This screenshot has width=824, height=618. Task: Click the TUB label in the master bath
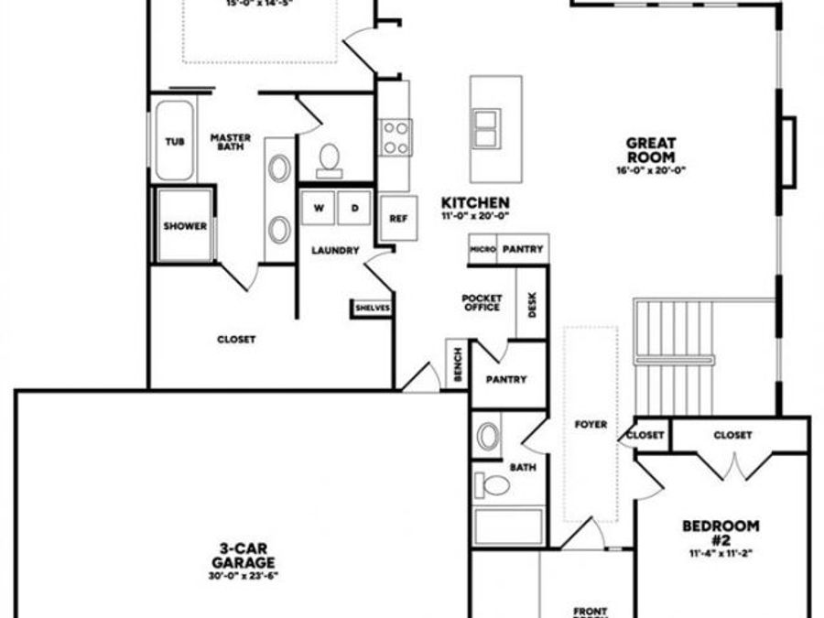(174, 142)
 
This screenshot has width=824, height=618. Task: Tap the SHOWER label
(185, 226)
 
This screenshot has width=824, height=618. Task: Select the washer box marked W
(319, 208)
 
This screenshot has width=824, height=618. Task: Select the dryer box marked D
(354, 208)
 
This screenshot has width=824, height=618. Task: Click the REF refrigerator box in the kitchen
(398, 219)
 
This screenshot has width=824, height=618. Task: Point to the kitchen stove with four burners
(396, 137)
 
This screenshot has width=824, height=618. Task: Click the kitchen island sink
(485, 127)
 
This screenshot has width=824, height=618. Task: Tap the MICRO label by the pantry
(482, 249)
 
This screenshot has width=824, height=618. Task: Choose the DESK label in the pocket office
(533, 301)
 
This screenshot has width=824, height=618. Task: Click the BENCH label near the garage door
(458, 364)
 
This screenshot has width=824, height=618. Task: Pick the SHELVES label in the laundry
(372, 309)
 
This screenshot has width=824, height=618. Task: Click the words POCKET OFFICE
(481, 302)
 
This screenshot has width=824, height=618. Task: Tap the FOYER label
(591, 425)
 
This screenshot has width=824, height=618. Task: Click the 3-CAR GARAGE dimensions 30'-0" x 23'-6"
(242, 577)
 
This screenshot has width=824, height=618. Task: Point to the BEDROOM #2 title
(721, 532)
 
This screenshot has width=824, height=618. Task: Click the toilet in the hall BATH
(495, 484)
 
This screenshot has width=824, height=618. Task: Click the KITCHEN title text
(475, 202)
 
